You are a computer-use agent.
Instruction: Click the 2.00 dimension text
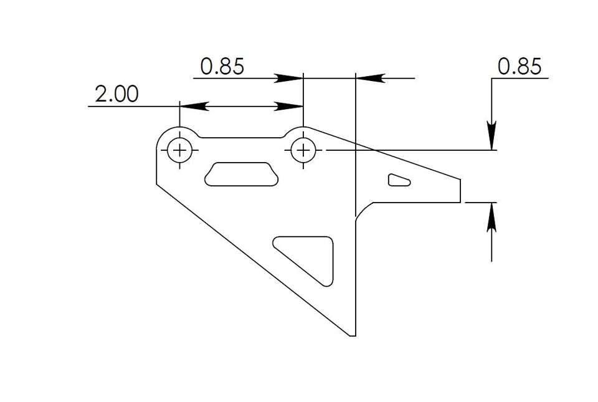(x=116, y=94)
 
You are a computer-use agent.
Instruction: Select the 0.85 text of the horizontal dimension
(x=222, y=66)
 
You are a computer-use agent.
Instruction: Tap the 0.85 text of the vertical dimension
(x=520, y=66)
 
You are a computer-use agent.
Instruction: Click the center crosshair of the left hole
(x=180, y=150)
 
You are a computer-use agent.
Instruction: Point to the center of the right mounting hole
(x=303, y=150)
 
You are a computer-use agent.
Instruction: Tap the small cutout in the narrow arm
(x=399, y=180)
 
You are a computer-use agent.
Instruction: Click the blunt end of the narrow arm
(x=461, y=190)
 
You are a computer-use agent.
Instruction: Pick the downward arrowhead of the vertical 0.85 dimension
(x=492, y=136)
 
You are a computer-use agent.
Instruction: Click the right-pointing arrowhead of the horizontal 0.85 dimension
(x=289, y=78)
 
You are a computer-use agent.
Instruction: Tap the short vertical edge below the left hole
(x=156, y=168)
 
